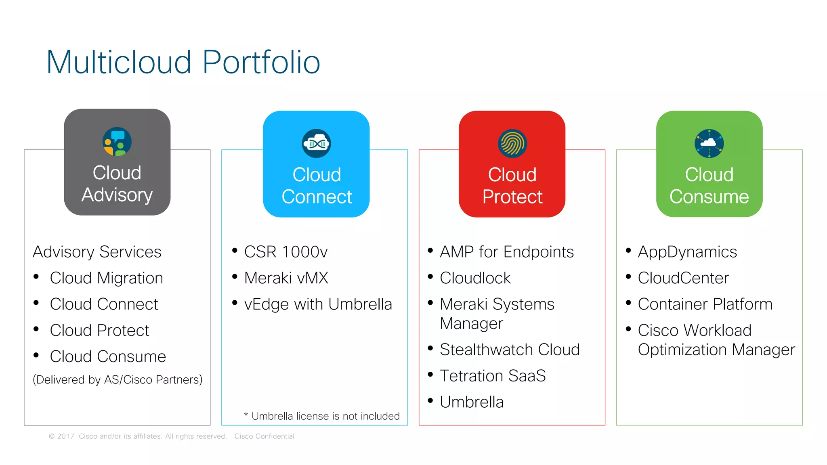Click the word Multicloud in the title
pos(119,62)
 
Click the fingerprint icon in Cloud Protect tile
pos(512,143)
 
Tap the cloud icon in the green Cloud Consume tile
pos(709,143)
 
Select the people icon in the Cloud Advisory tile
pos(117,142)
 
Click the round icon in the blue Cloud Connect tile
pos(316,143)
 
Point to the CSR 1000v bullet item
pos(285,252)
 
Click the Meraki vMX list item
pos(286,278)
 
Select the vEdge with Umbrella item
pos(318,304)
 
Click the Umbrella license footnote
pos(322,416)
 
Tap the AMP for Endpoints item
pos(506,252)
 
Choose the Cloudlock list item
pos(475,278)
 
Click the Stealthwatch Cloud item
pos(510,350)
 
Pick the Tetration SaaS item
pos(493,376)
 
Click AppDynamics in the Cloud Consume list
pos(687,252)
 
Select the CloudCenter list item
pos(683,278)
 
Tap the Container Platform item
pos(705,304)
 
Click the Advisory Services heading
pos(97,252)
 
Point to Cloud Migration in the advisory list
pos(106,278)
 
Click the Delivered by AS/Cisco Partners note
pos(118,380)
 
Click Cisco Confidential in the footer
pos(264,436)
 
